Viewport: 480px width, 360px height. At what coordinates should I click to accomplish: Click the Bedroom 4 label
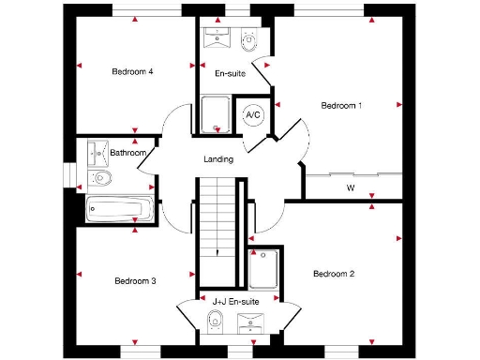pyautogui.click(x=132, y=71)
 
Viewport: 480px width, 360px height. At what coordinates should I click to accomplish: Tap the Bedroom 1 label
pyautogui.click(x=341, y=105)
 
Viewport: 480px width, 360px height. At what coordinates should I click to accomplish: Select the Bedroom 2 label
pyautogui.click(x=333, y=274)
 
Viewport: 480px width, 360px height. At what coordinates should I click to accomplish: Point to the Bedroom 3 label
pyautogui.click(x=135, y=280)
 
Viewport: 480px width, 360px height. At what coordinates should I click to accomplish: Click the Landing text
pyautogui.click(x=217, y=159)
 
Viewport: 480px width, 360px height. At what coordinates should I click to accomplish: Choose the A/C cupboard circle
pyautogui.click(x=252, y=114)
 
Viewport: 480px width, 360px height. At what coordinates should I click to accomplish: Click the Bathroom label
pyautogui.click(x=127, y=152)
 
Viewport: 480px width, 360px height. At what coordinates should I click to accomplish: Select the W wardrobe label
pyautogui.click(x=351, y=187)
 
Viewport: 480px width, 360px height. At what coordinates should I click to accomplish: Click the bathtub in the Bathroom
pyautogui.click(x=115, y=208)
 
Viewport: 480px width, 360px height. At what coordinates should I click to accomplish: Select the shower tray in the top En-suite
pyautogui.click(x=216, y=115)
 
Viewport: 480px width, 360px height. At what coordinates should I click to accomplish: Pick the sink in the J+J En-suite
pyautogui.click(x=251, y=324)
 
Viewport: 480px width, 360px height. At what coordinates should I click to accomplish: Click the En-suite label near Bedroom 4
pyautogui.click(x=229, y=73)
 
